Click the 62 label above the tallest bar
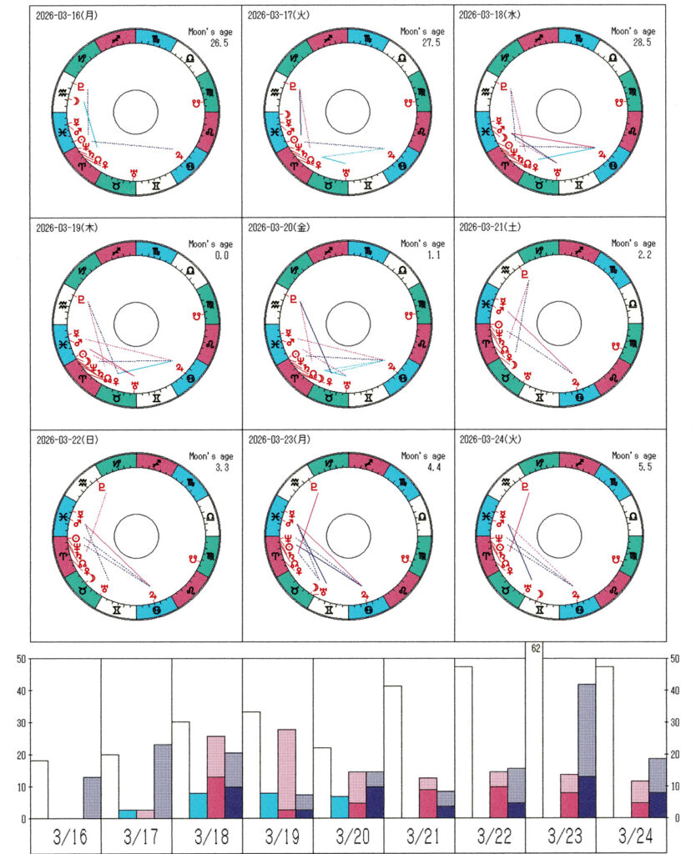pos(534,647)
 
